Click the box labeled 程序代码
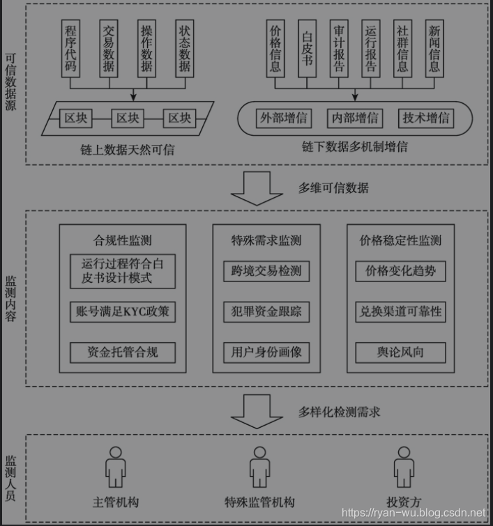click(x=70, y=48)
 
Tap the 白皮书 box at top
click(x=307, y=48)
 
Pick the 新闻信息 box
click(x=434, y=48)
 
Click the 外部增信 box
click(x=282, y=118)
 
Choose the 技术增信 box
click(x=426, y=118)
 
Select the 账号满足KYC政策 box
click(x=123, y=311)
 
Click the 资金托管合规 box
click(x=123, y=352)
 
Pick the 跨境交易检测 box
click(x=266, y=271)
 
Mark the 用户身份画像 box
click(x=266, y=352)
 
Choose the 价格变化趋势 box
click(x=400, y=271)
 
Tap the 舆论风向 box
click(x=400, y=352)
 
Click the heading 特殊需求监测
click(x=266, y=241)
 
